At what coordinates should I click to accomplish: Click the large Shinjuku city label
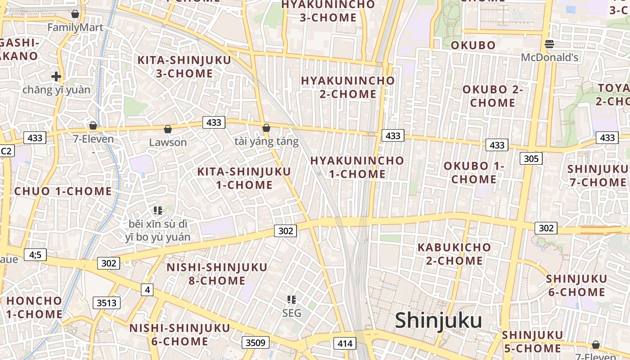[x=438, y=320]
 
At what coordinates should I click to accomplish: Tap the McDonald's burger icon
[x=549, y=44]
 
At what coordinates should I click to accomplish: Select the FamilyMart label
[x=75, y=27]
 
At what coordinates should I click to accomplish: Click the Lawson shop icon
[x=168, y=130]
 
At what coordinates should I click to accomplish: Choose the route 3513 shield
[x=107, y=303]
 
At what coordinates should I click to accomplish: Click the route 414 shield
[x=345, y=344]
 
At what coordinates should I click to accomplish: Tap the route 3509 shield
[x=256, y=343]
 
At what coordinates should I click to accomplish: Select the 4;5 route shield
[x=35, y=255]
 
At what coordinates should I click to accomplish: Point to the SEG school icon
[x=292, y=299]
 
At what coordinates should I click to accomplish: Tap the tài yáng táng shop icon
[x=266, y=128]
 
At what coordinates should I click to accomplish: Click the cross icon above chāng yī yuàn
[x=56, y=76]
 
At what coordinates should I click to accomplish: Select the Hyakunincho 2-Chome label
[x=348, y=87]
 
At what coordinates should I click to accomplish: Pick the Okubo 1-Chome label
[x=474, y=172]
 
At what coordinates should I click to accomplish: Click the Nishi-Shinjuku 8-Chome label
[x=217, y=274]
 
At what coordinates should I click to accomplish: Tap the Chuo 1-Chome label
[x=63, y=191]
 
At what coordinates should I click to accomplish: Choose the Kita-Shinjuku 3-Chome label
[x=184, y=67]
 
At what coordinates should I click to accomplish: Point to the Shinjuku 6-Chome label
[x=576, y=285]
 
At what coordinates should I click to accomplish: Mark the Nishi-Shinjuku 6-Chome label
[x=180, y=334]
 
